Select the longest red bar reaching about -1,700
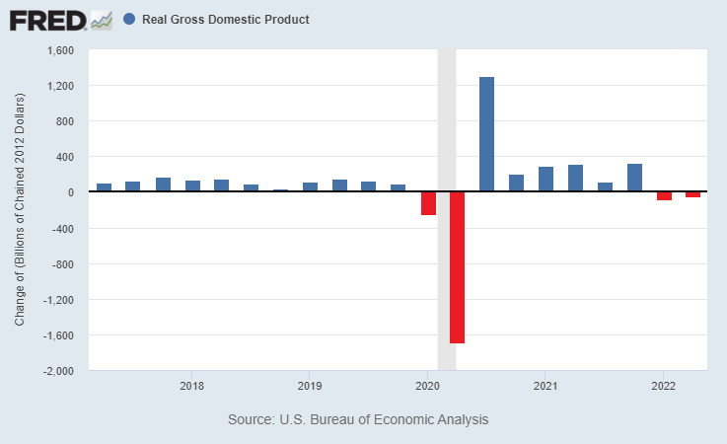pos(457,267)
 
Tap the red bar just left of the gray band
pos(428,203)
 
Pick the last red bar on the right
pos(692,194)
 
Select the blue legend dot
pos(130,19)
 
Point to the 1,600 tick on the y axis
pos(60,50)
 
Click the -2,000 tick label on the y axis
pos(59,371)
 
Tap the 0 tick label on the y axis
pos(73,192)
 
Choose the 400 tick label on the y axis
pos(65,157)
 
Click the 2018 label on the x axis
pos(191,386)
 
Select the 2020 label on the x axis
pos(427,386)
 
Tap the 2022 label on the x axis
pos(663,386)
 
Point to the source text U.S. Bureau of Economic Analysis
pos(358,420)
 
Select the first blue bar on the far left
pos(104,187)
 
